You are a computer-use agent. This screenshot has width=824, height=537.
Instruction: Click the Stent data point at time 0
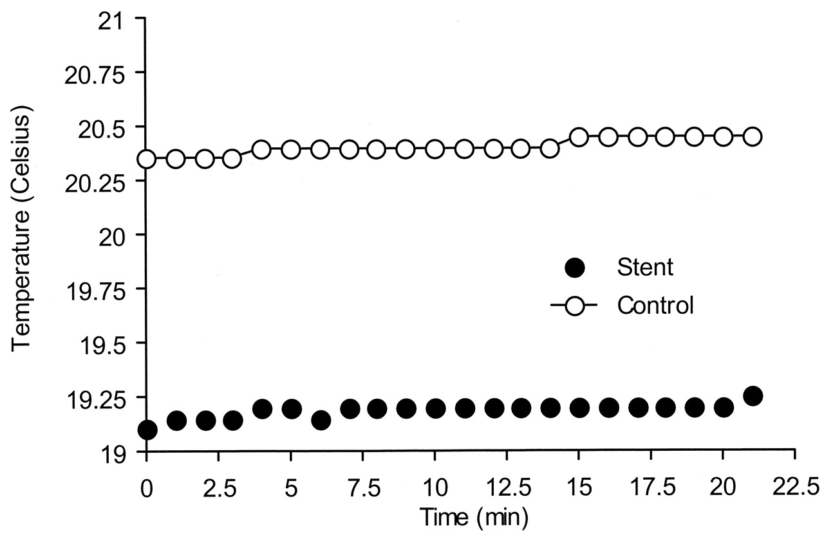pyautogui.click(x=147, y=430)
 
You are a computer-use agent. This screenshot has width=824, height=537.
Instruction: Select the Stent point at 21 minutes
pyautogui.click(x=752, y=396)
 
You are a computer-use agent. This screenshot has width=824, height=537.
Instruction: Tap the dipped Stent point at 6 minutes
pyautogui.click(x=321, y=421)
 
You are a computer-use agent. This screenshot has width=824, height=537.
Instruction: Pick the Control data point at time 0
pyautogui.click(x=147, y=159)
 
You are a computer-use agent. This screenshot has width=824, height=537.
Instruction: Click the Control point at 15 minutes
pyautogui.click(x=579, y=137)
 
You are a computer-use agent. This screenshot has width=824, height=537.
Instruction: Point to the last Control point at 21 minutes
pyautogui.click(x=752, y=137)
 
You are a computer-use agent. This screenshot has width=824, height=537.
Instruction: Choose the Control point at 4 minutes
pyautogui.click(x=261, y=150)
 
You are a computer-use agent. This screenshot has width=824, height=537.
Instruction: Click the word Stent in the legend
pyautogui.click(x=645, y=267)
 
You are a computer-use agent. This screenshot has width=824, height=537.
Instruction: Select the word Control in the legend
pyautogui.click(x=655, y=305)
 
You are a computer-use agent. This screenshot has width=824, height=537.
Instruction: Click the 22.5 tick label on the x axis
pyautogui.click(x=794, y=484)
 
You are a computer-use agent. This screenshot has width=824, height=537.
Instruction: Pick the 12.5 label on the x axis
pyautogui.click(x=507, y=484)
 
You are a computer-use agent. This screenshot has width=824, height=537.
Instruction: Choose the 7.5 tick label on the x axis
pyautogui.click(x=362, y=484)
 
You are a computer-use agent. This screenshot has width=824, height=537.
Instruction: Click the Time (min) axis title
pyautogui.click(x=475, y=516)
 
